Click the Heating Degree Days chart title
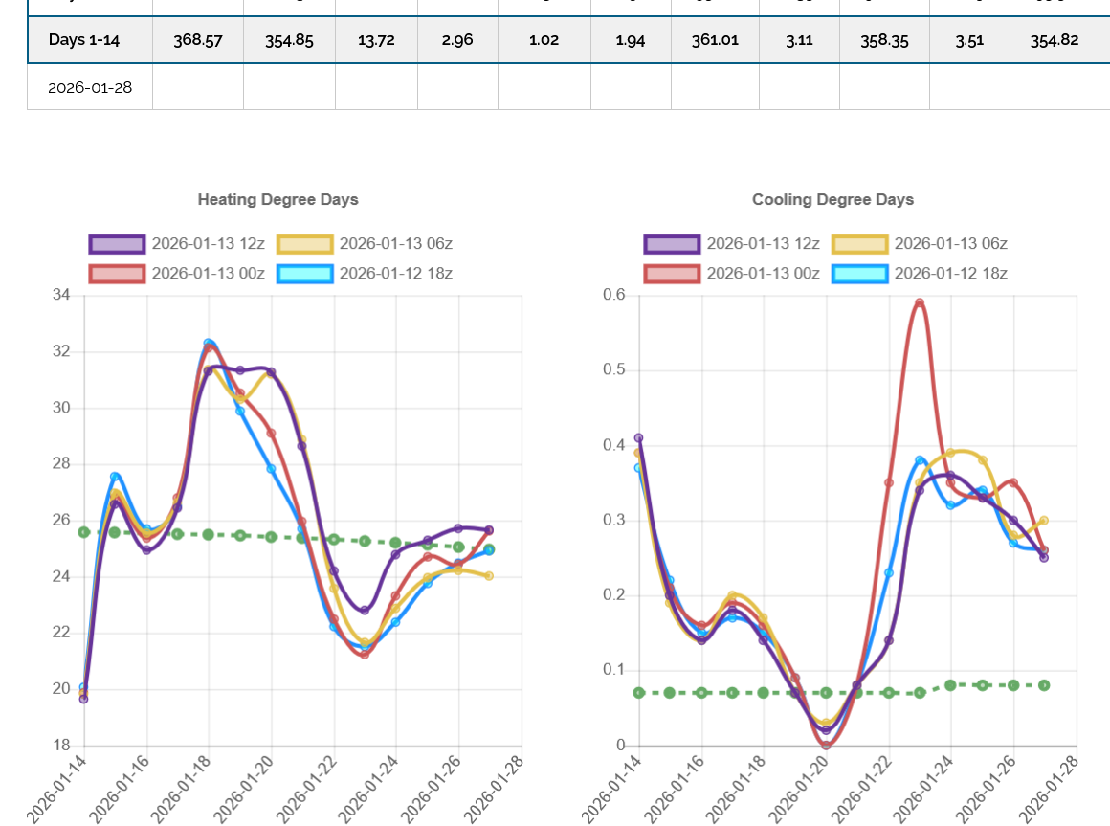pos(277,200)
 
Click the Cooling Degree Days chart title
pos(832,200)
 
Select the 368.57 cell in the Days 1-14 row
pos(198,40)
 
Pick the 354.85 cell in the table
pos(289,40)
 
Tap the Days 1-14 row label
pos(90,40)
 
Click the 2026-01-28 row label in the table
pos(90,88)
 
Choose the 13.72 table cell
pos(376,40)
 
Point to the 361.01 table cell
pos(715,40)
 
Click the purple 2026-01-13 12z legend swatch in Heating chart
pos(117,244)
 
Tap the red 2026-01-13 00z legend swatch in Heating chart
pos(117,274)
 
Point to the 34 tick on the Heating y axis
pos(61,295)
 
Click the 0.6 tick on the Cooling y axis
pos(613,295)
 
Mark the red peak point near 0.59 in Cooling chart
pos(920,303)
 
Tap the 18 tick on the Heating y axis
pos(61,746)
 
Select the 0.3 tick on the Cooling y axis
pos(613,521)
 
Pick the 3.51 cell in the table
pos(969,40)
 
